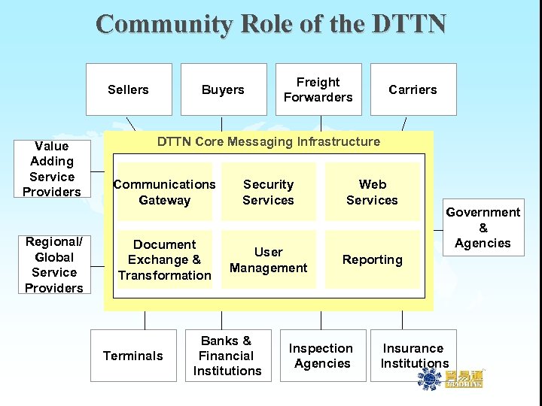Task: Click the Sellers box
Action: pyautogui.click(x=129, y=89)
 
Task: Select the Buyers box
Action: pyautogui.click(x=223, y=89)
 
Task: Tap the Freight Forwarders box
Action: pyautogui.click(x=318, y=89)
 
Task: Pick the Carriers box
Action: pyautogui.click(x=413, y=89)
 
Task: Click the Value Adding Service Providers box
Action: pyautogui.click(x=51, y=168)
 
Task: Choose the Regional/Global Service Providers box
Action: pyautogui.click(x=53, y=265)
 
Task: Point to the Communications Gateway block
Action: pyautogui.click(x=164, y=192)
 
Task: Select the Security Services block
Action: pyautogui.click(x=268, y=192)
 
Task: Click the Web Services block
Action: pyautogui.click(x=372, y=192)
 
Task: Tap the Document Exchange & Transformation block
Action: pyautogui.click(x=164, y=259)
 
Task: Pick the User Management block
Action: pyautogui.click(x=268, y=259)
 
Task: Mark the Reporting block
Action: pyautogui.click(x=372, y=259)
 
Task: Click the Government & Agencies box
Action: pyautogui.click(x=483, y=228)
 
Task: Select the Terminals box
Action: pyautogui.click(x=133, y=356)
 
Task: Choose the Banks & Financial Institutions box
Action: pyautogui.click(x=227, y=356)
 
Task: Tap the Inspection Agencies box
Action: pyautogui.click(x=322, y=356)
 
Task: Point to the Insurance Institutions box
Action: pyautogui.click(x=413, y=356)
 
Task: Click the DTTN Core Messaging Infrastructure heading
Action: pyautogui.click(x=268, y=141)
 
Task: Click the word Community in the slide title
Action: pyautogui.click(x=164, y=24)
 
